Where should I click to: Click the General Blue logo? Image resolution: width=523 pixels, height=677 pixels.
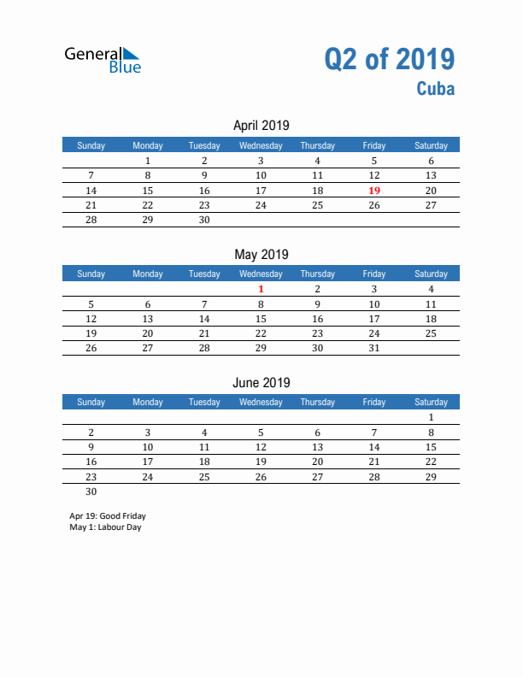[x=103, y=59]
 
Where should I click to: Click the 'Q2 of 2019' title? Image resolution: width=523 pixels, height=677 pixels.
[x=389, y=59]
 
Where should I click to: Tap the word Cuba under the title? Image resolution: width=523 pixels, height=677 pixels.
[x=436, y=88]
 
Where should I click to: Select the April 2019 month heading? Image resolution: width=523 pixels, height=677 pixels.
[x=261, y=126]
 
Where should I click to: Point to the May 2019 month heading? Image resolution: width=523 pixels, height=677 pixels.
[x=261, y=254]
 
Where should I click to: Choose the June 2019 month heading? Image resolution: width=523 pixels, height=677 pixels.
[x=261, y=382]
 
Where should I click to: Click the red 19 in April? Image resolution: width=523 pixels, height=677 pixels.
[x=373, y=191]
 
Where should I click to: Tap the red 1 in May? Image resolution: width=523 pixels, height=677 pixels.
[x=261, y=289]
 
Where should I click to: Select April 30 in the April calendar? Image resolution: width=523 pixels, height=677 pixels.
[x=204, y=220]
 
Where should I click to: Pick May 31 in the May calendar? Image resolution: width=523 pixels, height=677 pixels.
[x=373, y=348]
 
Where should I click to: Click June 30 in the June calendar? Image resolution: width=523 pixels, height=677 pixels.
[x=91, y=492]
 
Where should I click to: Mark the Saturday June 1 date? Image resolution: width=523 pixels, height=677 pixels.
[x=431, y=418]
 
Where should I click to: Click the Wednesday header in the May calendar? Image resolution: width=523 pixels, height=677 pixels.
[x=261, y=274]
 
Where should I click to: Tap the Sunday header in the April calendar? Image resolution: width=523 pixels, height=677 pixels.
[x=91, y=145]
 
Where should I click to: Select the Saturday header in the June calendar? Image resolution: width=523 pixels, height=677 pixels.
[x=431, y=402]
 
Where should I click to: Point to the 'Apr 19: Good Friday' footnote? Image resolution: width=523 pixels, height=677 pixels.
[x=108, y=516]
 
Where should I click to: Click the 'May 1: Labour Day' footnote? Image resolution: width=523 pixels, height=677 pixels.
[x=105, y=527]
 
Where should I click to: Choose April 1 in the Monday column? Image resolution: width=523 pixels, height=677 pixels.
[x=148, y=161]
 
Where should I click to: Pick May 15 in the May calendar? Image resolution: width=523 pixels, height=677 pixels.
[x=261, y=319]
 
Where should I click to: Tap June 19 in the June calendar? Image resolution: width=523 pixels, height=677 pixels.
[x=261, y=462]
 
